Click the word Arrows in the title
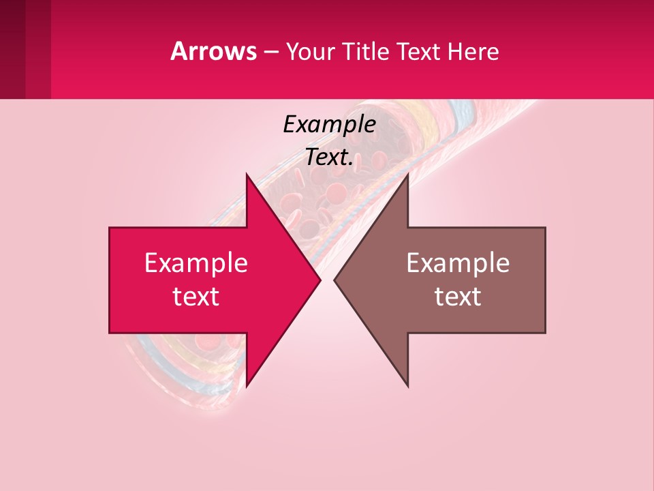[x=214, y=51]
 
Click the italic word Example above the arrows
[x=329, y=124]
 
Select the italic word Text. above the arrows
[x=329, y=157]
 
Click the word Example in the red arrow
[x=196, y=263]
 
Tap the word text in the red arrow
[x=196, y=297]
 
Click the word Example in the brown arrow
[x=458, y=263]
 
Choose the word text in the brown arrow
[x=458, y=297]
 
